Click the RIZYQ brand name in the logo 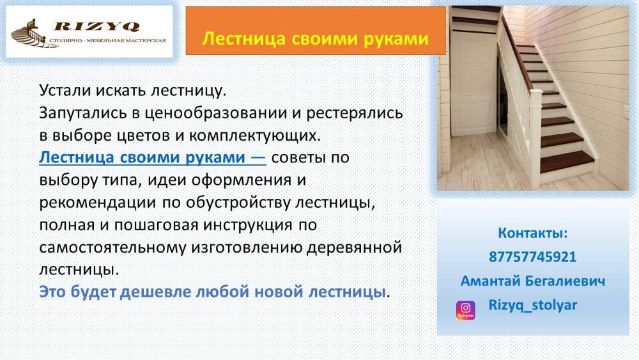tap(96, 26)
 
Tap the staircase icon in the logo tap(29, 33)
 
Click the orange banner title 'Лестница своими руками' tap(315, 38)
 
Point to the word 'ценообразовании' tap(215, 113)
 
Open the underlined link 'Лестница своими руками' tap(153, 157)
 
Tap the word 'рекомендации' tap(98, 203)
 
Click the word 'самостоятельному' tap(112, 247)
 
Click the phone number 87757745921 tap(533, 257)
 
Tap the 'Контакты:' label tap(533, 233)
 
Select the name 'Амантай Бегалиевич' tap(533, 281)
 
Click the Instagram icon tap(465, 310)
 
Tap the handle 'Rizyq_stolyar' tap(533, 306)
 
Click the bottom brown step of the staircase tap(567, 161)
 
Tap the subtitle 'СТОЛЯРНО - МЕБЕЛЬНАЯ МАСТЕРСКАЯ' tap(107, 40)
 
